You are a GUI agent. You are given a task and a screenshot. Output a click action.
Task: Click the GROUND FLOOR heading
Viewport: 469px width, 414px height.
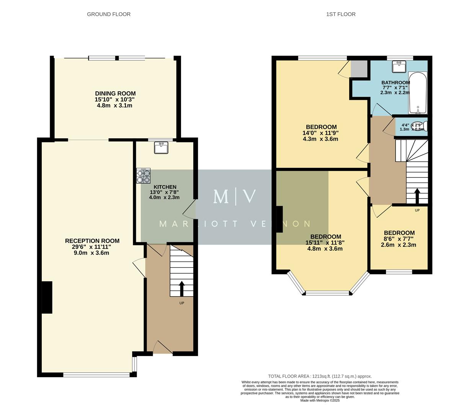[x=109, y=14]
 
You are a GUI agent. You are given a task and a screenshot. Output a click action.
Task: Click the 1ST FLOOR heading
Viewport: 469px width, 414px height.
[x=341, y=14]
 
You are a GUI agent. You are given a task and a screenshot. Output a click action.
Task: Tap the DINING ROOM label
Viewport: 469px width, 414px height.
[x=115, y=94]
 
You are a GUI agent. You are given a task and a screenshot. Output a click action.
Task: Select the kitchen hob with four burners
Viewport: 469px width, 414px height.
[x=143, y=176]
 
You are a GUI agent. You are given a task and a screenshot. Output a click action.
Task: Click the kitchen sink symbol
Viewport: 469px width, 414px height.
[x=161, y=148]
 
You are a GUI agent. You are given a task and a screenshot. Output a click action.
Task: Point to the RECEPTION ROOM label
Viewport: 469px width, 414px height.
[x=92, y=241]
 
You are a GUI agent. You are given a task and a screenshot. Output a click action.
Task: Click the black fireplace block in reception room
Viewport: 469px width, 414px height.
[x=47, y=297]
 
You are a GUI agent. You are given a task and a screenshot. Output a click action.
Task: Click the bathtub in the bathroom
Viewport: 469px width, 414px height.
[x=418, y=93]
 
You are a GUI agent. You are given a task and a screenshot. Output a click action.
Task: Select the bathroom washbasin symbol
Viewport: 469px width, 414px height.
[x=399, y=67]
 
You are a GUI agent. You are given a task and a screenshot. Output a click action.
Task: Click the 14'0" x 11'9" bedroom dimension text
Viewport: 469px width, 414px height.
[x=320, y=133]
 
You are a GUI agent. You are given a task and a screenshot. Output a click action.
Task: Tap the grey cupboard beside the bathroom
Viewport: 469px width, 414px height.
[x=359, y=69]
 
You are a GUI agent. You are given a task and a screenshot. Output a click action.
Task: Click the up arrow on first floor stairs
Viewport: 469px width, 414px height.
[x=417, y=195]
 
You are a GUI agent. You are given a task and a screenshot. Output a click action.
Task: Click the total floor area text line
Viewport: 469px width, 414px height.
[x=320, y=376]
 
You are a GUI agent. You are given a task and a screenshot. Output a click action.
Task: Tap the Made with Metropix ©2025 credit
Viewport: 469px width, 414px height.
[x=320, y=400]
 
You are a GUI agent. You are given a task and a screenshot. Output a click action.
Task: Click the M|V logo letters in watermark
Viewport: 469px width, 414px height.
[x=234, y=196]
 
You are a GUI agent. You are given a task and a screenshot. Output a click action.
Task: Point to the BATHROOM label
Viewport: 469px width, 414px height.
[x=395, y=82]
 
